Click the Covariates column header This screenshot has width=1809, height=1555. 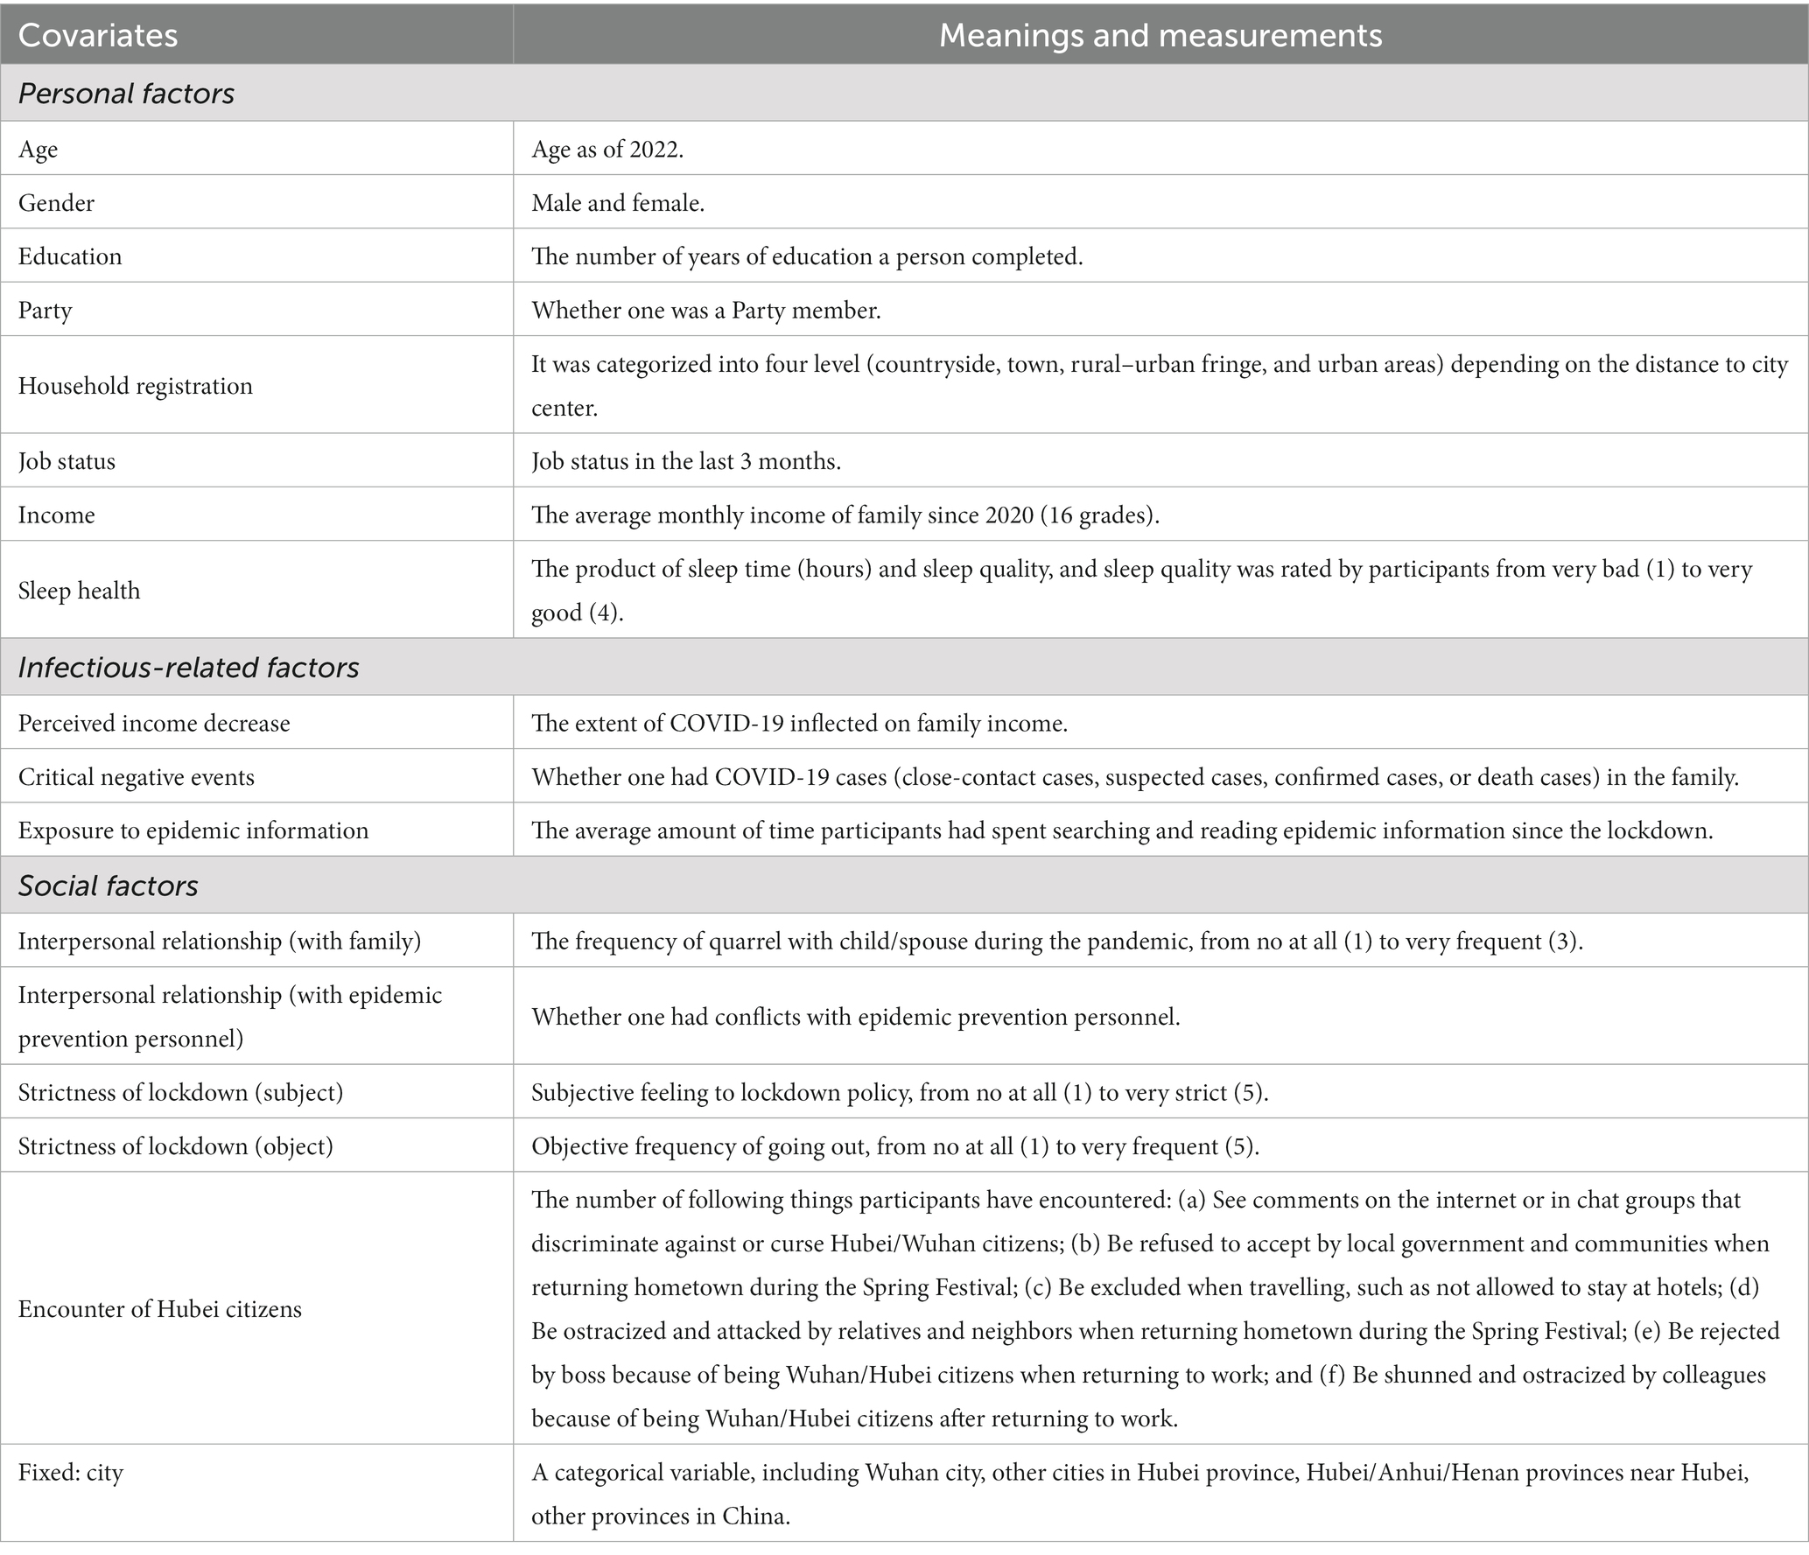pyautogui.click(x=98, y=35)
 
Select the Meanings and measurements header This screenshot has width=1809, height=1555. pyautogui.click(x=1160, y=35)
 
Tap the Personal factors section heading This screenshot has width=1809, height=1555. pyautogui.click(x=127, y=94)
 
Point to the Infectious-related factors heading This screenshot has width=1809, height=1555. pyautogui.click(x=189, y=668)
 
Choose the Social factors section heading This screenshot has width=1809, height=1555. pyautogui.click(x=109, y=886)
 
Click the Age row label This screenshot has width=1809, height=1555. pyautogui.click(x=39, y=150)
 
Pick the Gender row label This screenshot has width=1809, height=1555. pyautogui.click(x=56, y=203)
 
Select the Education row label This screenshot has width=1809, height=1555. pyautogui.click(x=70, y=256)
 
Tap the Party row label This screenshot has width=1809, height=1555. pyautogui.click(x=46, y=311)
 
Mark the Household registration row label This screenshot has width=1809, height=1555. pyautogui.click(x=136, y=386)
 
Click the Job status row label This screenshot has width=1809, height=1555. pyautogui.click(x=67, y=461)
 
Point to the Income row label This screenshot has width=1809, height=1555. pyautogui.click(x=57, y=515)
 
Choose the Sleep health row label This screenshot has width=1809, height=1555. pyautogui.click(x=80, y=591)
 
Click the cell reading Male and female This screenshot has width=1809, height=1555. pyautogui.click(x=618, y=203)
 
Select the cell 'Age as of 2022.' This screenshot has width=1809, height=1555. pyautogui.click(x=607, y=150)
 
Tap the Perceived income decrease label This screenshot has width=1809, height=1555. pyautogui.click(x=154, y=724)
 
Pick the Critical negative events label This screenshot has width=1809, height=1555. pyautogui.click(x=137, y=777)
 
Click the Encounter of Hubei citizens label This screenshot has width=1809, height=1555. pyautogui.click(x=160, y=1309)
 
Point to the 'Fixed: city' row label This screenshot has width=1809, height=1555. pyautogui.click(x=71, y=1472)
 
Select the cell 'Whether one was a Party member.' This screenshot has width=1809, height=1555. pyautogui.click(x=705, y=311)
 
